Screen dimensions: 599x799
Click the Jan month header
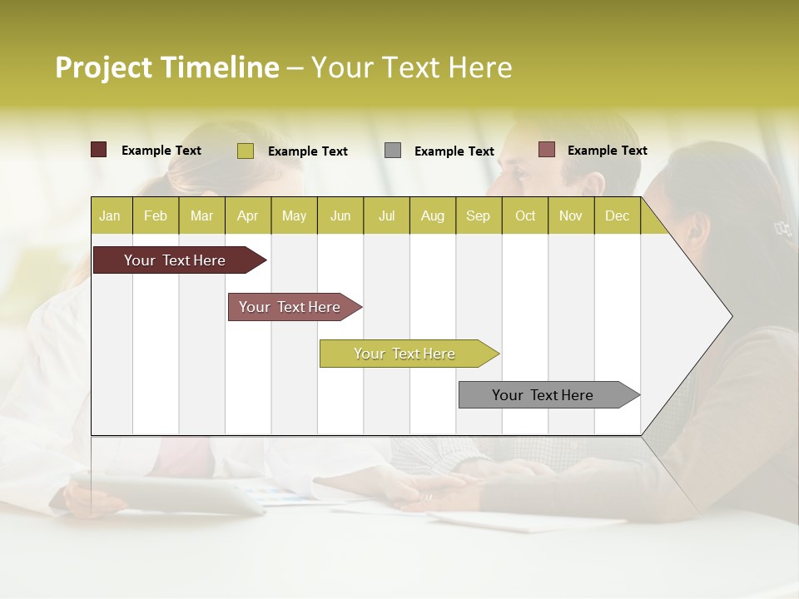click(x=110, y=215)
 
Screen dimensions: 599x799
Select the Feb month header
click(x=156, y=215)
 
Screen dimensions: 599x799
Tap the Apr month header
click(x=247, y=215)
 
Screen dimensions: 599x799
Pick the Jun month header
click(x=340, y=215)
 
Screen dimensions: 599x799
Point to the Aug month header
click(x=432, y=215)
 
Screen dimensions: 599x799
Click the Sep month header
click(x=478, y=215)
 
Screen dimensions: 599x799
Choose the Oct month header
click(x=525, y=215)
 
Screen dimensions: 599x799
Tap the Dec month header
click(x=617, y=215)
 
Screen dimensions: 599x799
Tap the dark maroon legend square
click(x=99, y=150)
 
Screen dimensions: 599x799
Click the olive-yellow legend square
click(x=245, y=151)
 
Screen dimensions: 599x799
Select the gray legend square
click(x=393, y=151)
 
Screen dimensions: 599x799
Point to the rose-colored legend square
click(x=547, y=150)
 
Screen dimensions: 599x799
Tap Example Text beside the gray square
click(x=454, y=151)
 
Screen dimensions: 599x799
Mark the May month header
click(x=294, y=215)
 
